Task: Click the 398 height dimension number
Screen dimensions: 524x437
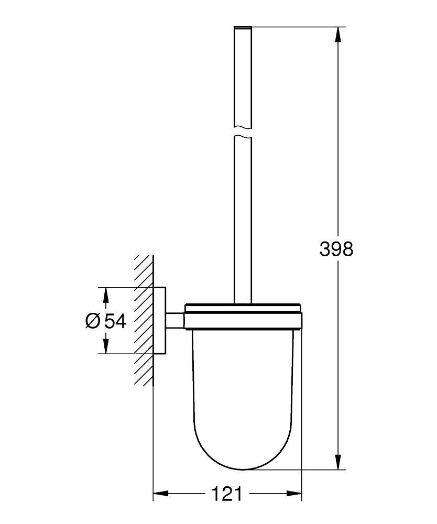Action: tap(336, 249)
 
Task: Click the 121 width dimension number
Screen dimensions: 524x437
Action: tap(226, 494)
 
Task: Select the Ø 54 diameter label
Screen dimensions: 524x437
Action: tap(106, 321)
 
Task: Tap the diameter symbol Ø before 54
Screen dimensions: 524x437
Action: tap(92, 321)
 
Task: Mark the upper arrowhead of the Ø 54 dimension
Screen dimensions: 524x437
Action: tap(106, 295)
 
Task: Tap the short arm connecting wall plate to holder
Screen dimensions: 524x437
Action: tap(176, 320)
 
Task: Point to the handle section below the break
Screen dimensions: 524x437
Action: tap(243, 220)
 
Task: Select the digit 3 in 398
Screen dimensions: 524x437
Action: tap(325, 249)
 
